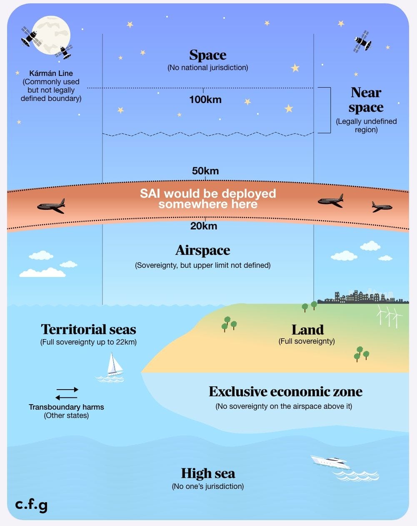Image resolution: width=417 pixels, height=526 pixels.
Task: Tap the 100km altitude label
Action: (x=205, y=100)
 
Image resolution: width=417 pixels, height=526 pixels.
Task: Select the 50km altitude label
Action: (x=205, y=171)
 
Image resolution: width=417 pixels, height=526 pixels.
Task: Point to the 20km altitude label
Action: (x=204, y=226)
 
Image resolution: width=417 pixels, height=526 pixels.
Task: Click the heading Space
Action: (x=207, y=55)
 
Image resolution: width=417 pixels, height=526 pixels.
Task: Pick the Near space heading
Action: (x=366, y=100)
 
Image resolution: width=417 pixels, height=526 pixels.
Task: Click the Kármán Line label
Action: (x=51, y=73)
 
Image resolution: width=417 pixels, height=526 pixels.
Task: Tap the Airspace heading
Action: (x=202, y=250)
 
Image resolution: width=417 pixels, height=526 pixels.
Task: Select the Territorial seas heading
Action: (x=88, y=330)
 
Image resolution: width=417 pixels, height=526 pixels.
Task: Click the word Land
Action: (x=307, y=330)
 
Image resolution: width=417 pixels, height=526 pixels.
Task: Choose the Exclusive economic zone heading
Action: (x=285, y=392)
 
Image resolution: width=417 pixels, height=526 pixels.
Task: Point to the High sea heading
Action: (x=208, y=473)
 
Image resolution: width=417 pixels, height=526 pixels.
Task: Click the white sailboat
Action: (x=114, y=365)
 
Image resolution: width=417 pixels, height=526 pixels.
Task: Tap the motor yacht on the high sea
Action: (x=330, y=462)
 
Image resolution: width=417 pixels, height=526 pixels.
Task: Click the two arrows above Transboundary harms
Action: (x=67, y=393)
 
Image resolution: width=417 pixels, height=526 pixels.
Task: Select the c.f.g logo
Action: (x=31, y=505)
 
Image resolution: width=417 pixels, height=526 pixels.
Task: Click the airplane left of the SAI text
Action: (x=51, y=206)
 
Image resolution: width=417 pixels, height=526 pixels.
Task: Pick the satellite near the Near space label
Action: (x=362, y=41)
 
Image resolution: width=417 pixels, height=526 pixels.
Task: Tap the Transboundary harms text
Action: (x=66, y=407)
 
